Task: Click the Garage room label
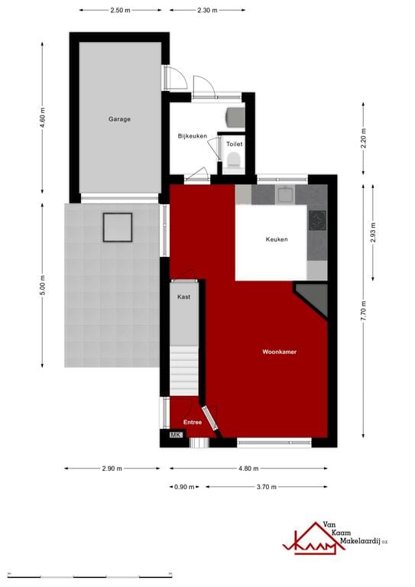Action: tap(119, 119)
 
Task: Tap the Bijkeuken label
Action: tap(193, 136)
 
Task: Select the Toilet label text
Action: tap(234, 143)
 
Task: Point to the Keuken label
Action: tap(277, 240)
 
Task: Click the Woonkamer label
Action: tap(279, 352)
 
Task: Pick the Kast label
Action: tap(183, 297)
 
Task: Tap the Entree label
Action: tap(192, 422)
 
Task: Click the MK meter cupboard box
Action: tap(175, 436)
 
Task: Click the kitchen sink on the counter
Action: tap(286, 194)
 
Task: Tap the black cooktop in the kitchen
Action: tap(316, 221)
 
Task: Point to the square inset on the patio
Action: tap(118, 227)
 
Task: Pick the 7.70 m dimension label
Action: tap(364, 311)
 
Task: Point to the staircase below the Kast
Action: tap(183, 371)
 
